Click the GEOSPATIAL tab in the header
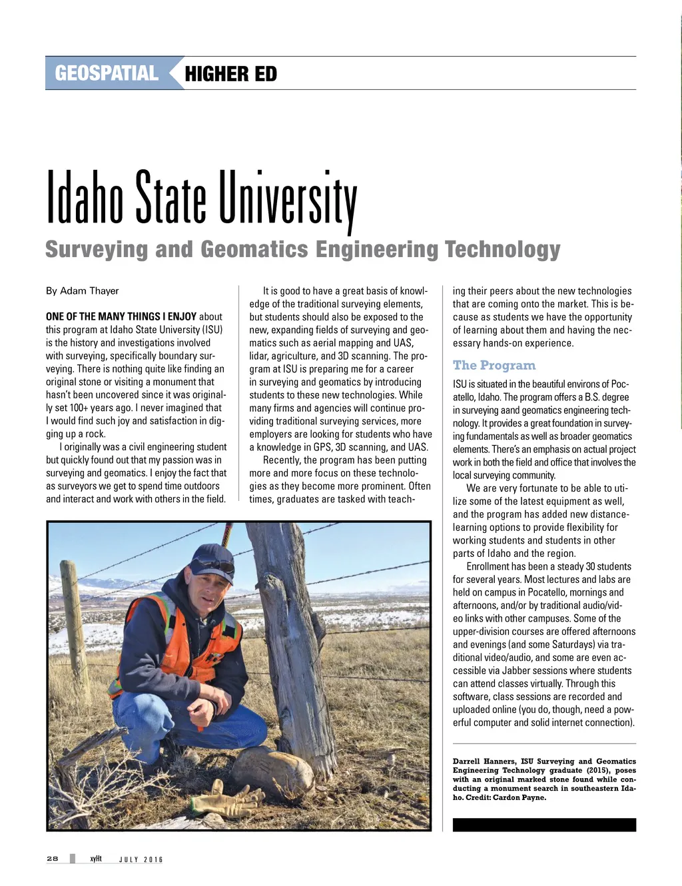click(x=107, y=73)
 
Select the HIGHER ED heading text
click(x=230, y=74)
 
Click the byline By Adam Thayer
click(x=83, y=291)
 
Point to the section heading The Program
click(x=494, y=365)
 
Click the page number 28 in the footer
click(x=53, y=859)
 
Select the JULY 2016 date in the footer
click(x=141, y=859)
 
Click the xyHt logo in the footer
click(x=96, y=859)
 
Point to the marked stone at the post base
click(x=273, y=773)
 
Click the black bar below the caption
click(x=544, y=825)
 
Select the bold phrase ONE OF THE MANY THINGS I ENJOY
click(x=121, y=317)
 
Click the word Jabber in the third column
click(x=515, y=671)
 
